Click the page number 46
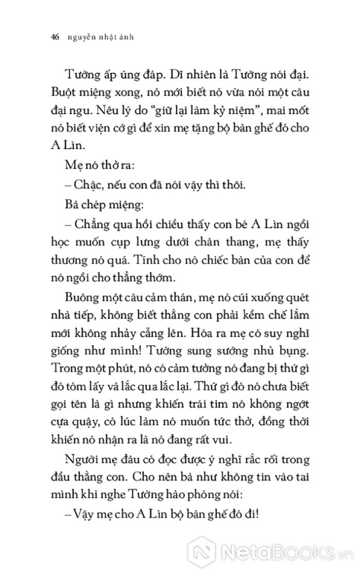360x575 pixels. coord(56,37)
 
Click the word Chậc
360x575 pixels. coord(89,184)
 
